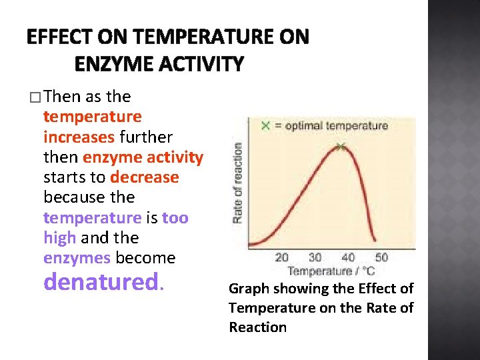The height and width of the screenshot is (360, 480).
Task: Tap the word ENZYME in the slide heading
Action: click(109, 64)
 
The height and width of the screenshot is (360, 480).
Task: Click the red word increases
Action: click(79, 137)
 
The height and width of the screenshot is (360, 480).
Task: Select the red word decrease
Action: click(145, 177)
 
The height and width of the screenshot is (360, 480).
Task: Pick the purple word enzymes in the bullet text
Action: click(77, 257)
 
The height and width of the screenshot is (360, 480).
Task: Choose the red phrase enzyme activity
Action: click(142, 157)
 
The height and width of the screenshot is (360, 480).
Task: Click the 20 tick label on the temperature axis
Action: click(282, 257)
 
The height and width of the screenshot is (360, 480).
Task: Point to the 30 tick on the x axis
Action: click(315, 257)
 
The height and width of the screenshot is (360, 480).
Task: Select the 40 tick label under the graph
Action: click(348, 257)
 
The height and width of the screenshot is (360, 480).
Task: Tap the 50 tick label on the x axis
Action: click(381, 257)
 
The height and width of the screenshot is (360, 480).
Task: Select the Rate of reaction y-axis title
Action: click(238, 183)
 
